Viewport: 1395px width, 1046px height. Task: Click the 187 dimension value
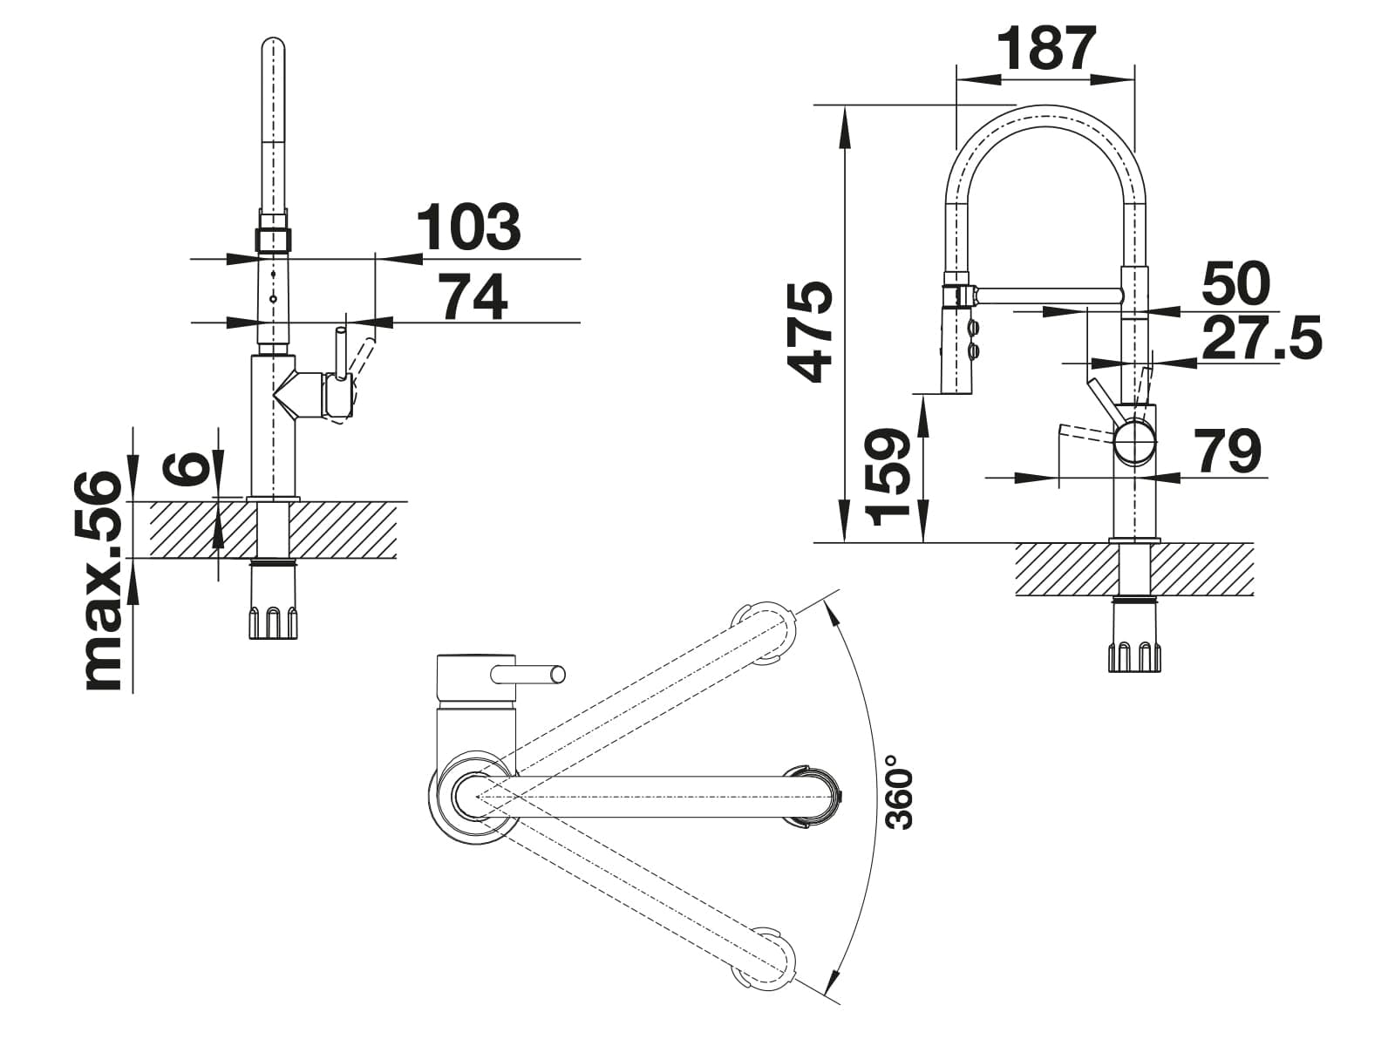[x=1047, y=49]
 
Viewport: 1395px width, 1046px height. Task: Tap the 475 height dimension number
[x=809, y=332]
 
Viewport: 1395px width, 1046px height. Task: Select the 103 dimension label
[x=469, y=227]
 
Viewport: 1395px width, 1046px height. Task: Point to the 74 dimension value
[x=475, y=297]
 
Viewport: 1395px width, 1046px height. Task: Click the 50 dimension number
[x=1235, y=283]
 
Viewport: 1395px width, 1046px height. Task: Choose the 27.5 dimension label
[x=1262, y=338]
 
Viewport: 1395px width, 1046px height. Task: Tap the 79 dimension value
[x=1228, y=451]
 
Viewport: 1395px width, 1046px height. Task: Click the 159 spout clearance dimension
[x=888, y=478]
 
